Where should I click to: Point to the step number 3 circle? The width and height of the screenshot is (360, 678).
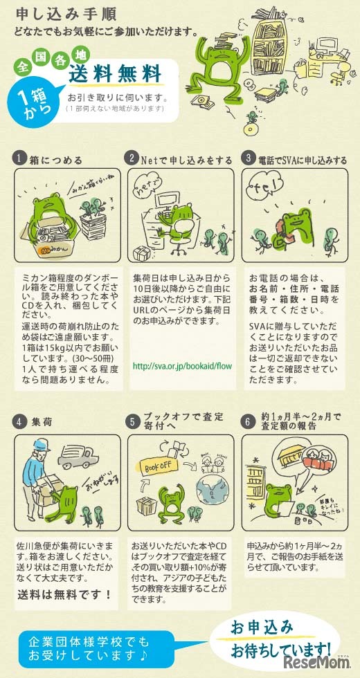pos(249,159)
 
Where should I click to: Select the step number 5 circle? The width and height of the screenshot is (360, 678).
pos(133,421)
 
